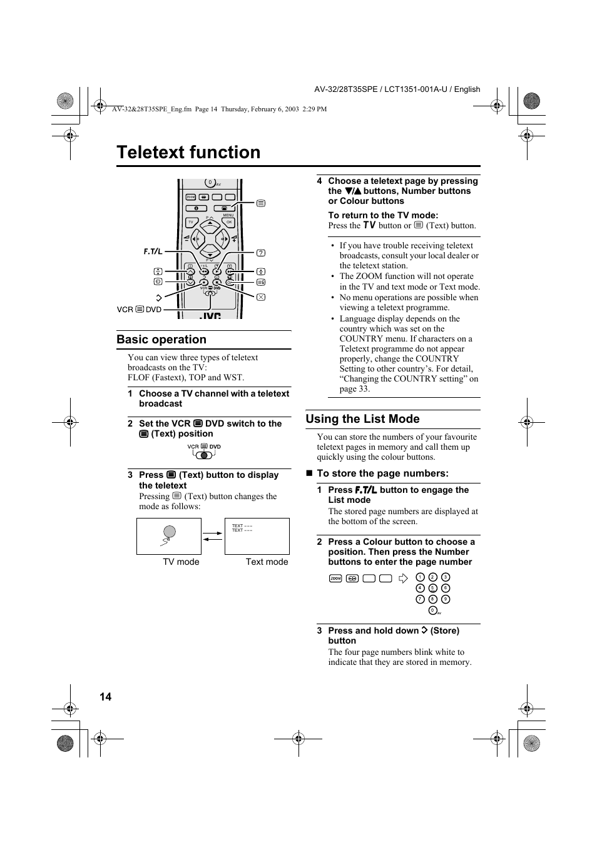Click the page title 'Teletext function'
pos(188,153)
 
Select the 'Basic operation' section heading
pos(161,340)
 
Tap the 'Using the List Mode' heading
pos(362,419)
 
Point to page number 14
pos(105,697)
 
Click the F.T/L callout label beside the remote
pos(153,251)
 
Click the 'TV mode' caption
pos(181,562)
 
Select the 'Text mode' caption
pos(267,562)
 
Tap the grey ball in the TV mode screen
pos(170,532)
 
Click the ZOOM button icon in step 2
pos(335,579)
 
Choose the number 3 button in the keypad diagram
pos(446,577)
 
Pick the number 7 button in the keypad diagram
pos(420,599)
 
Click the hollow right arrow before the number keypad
pos(403,579)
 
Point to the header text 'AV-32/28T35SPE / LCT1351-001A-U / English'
pos(397,89)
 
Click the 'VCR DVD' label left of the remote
pos(139,310)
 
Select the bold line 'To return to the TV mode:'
pos(383,215)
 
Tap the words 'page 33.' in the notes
pos(355,388)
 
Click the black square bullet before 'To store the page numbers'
pos(309,473)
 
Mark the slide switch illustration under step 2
pos(203,452)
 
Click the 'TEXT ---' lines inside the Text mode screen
pos(242,528)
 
